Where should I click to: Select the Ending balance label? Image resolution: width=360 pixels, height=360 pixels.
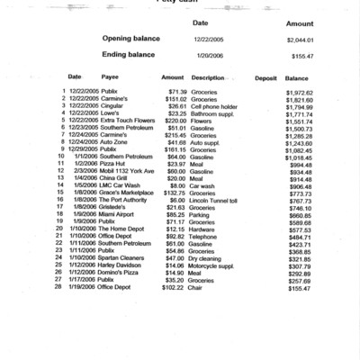click(131, 55)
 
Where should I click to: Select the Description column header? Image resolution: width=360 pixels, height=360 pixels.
click(208, 77)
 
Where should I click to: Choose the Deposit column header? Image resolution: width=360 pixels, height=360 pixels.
click(265, 77)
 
